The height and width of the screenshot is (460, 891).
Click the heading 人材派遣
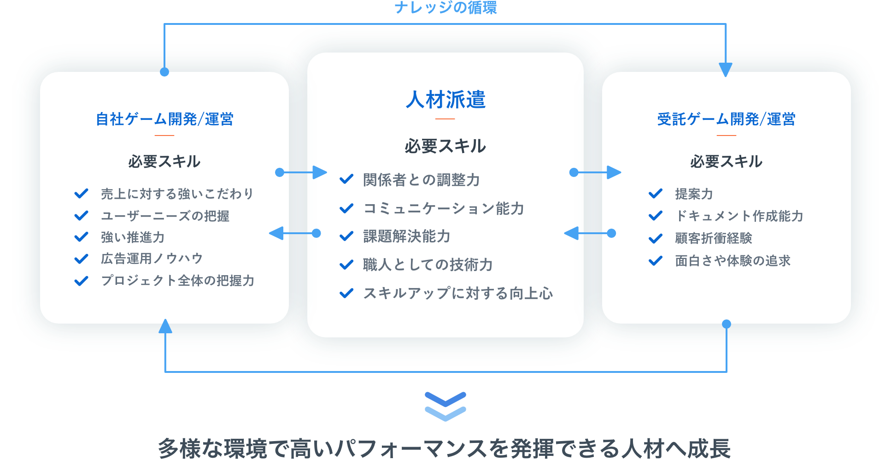point(445,100)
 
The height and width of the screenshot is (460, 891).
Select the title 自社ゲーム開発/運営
point(164,119)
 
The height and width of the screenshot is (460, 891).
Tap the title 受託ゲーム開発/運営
point(726,119)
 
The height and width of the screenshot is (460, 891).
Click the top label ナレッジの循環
point(445,7)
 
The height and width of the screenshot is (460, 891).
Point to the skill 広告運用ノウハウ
point(152,259)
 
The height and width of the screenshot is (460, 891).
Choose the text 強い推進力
point(133,237)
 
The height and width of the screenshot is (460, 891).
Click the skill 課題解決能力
point(407,236)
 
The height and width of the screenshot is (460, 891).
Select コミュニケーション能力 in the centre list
point(444,208)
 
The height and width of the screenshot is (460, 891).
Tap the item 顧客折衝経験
point(713,238)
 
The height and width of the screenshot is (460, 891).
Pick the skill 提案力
point(694,194)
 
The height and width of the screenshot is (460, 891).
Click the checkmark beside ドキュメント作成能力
point(655,216)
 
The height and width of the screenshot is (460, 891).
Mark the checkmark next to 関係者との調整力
point(346,179)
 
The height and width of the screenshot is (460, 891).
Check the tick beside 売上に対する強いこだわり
point(81,194)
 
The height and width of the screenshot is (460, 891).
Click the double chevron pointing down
point(445,407)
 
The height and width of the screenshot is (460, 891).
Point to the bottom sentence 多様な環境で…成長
point(445,448)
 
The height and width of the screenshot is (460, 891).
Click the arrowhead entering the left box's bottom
point(165,326)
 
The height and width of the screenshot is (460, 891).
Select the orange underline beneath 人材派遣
point(445,119)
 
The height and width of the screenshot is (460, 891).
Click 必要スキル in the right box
point(726,162)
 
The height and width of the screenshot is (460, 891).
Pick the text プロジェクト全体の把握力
point(177,281)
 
